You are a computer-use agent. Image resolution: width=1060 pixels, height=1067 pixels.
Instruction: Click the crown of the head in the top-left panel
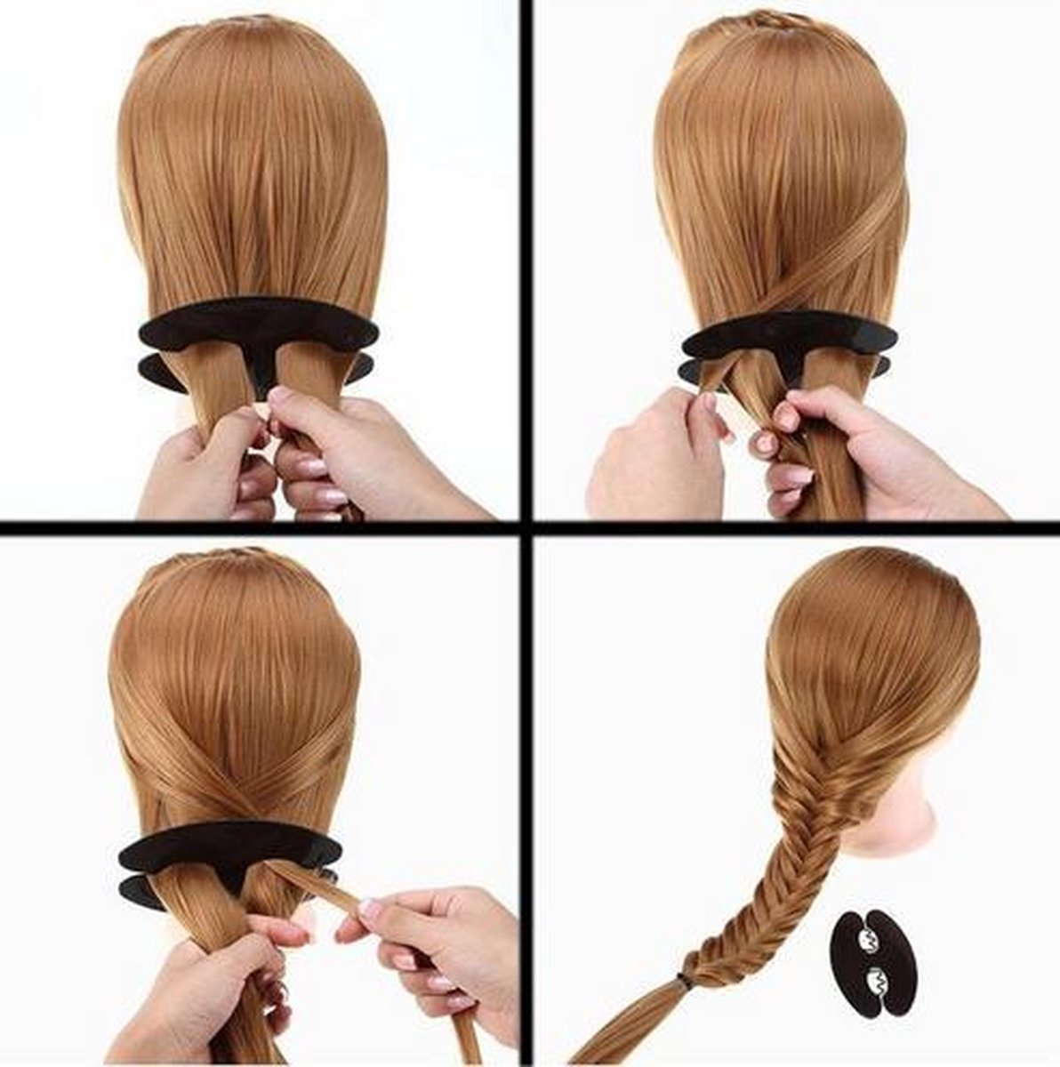click(x=253, y=53)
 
